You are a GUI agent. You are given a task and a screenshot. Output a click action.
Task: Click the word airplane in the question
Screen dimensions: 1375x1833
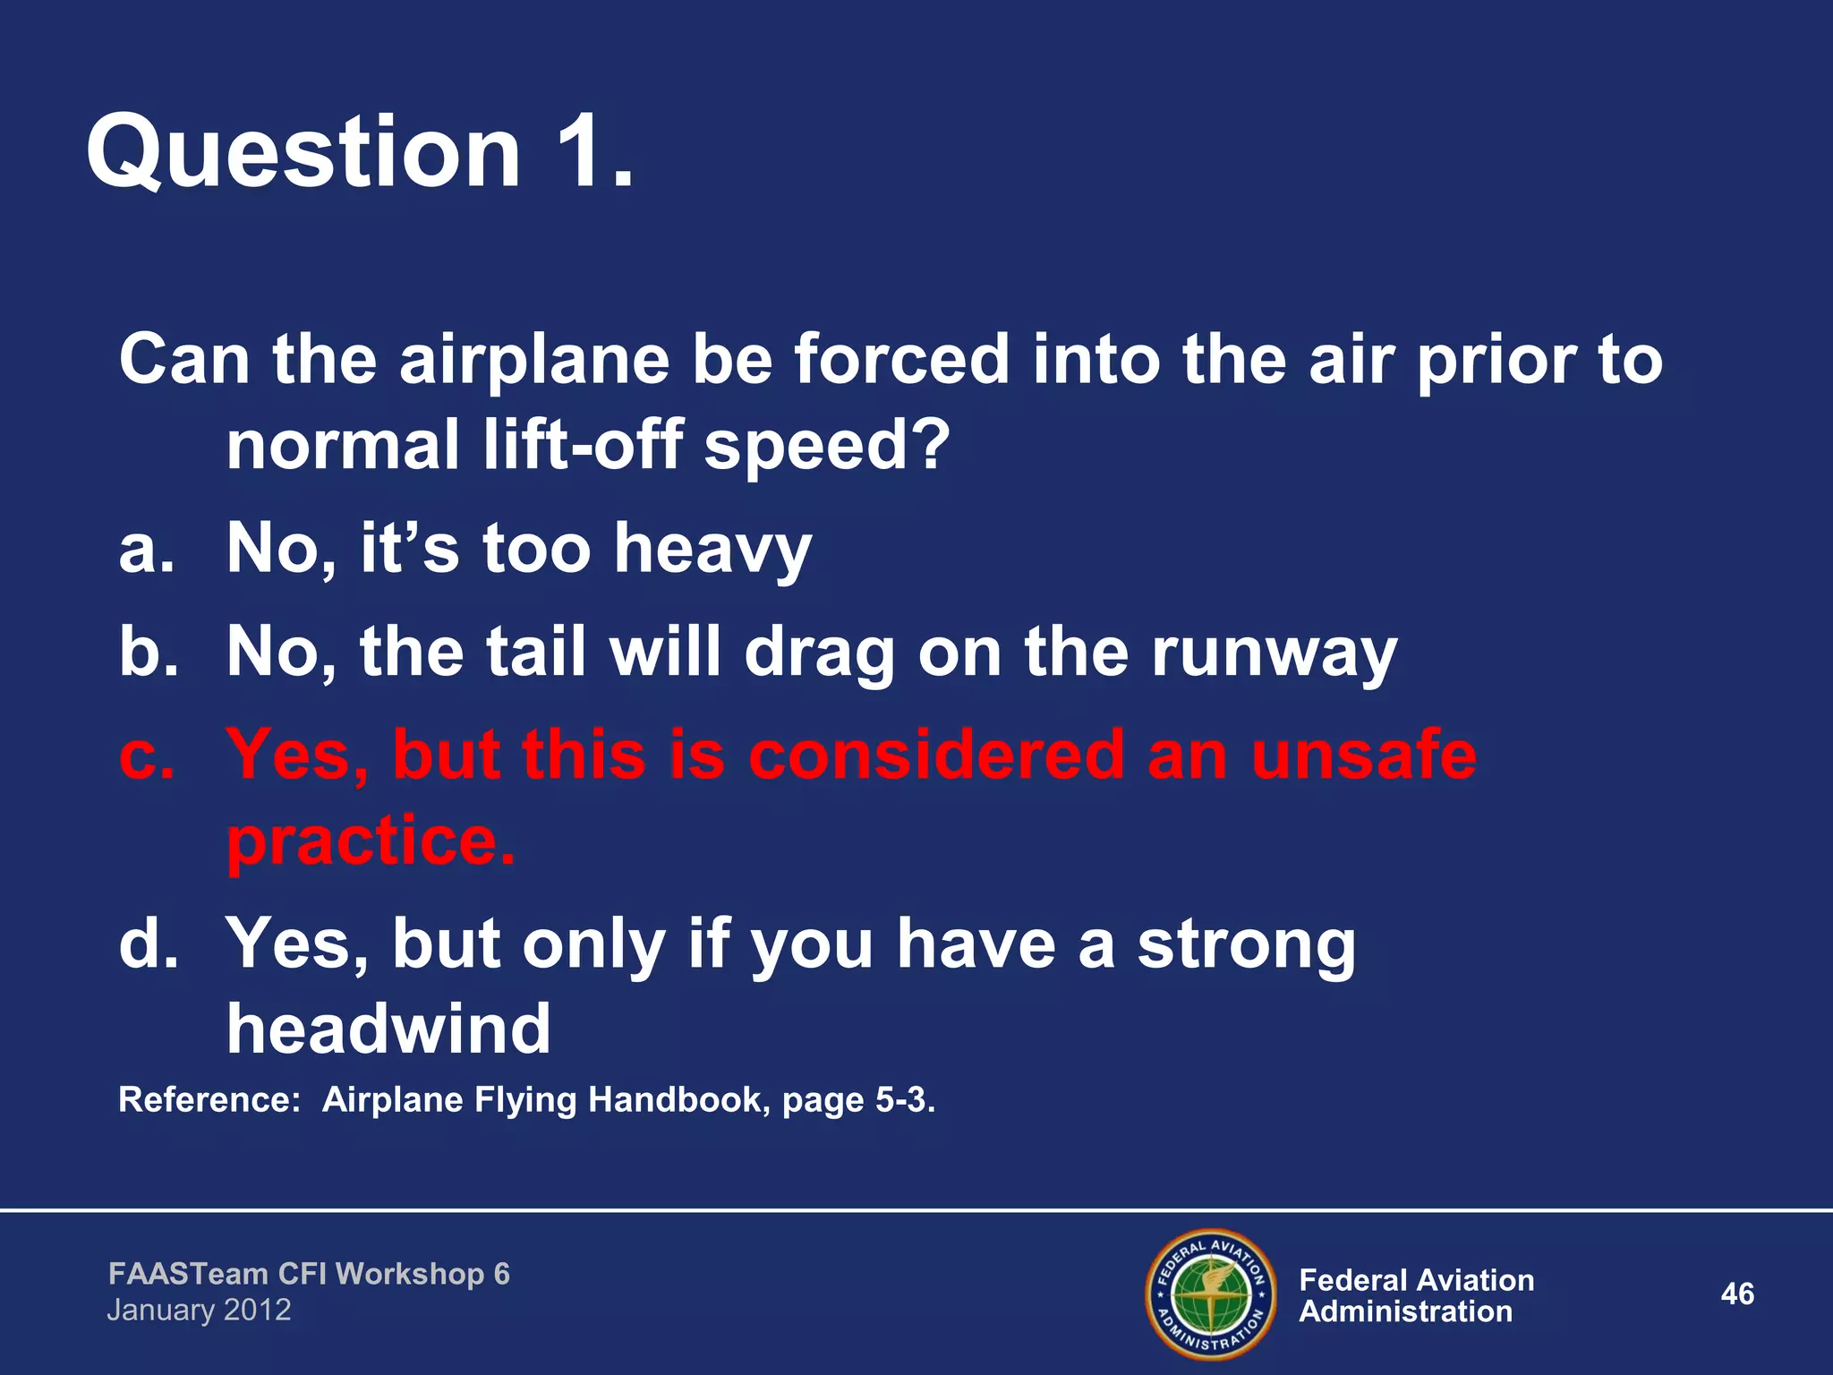[x=533, y=360]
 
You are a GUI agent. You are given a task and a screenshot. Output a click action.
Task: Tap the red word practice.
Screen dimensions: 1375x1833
[x=371, y=841]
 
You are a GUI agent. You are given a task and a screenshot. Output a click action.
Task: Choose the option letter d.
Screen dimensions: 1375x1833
[x=148, y=944]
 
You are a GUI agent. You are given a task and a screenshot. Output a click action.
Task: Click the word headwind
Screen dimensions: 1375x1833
[x=388, y=1029]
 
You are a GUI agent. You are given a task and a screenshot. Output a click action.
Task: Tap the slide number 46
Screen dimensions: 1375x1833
[x=1736, y=1294]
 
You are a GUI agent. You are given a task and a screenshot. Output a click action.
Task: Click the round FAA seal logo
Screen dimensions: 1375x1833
[x=1210, y=1294]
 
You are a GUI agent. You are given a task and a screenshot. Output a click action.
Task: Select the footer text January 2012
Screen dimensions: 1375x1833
[x=199, y=1311]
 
